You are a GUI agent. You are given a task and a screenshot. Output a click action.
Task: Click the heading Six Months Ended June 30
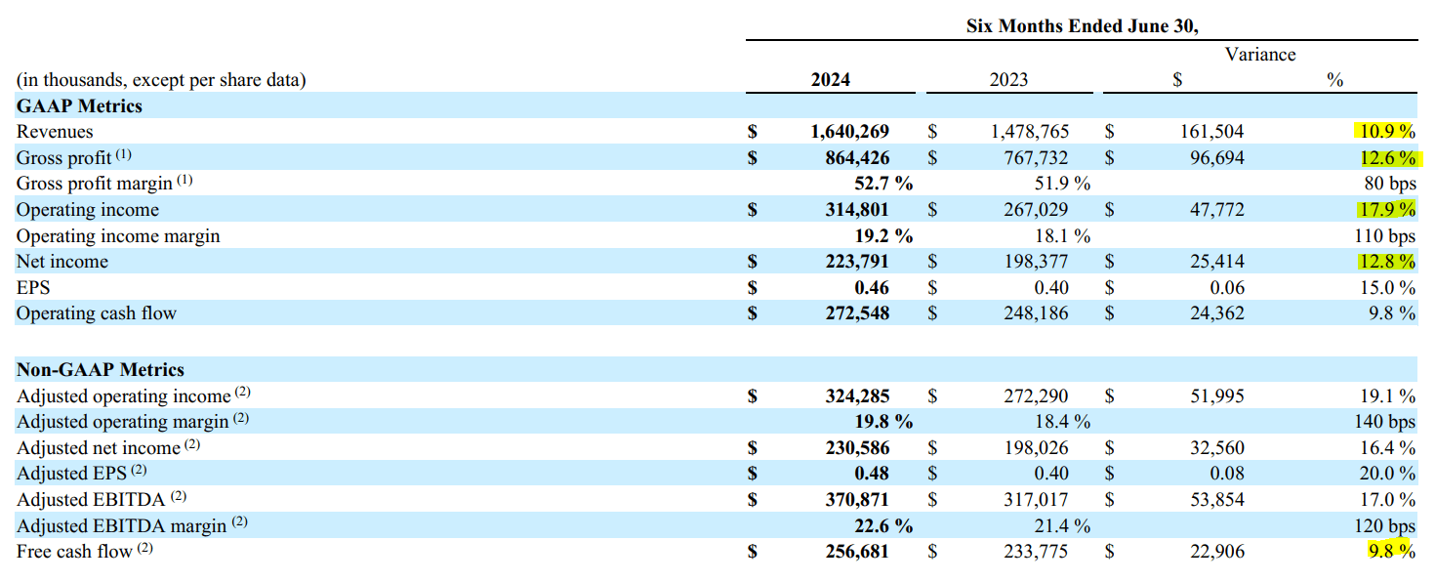click(1082, 26)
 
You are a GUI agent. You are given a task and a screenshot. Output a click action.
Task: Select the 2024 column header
click(830, 80)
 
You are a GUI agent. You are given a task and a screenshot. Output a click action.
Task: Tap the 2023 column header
click(1008, 80)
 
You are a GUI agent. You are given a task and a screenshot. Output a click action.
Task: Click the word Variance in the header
click(1260, 55)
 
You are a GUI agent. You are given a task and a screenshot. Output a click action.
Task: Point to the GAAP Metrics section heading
click(79, 106)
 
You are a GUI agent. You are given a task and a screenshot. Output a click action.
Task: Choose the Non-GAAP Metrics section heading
click(101, 370)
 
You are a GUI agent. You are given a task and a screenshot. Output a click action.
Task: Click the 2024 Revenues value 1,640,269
click(849, 132)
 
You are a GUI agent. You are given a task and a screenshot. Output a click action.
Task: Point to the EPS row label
click(33, 288)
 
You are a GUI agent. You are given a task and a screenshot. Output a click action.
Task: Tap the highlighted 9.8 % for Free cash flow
click(1389, 552)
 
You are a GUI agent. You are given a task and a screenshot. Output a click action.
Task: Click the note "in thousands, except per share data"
click(161, 80)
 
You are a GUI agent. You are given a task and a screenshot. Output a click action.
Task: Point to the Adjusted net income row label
click(99, 448)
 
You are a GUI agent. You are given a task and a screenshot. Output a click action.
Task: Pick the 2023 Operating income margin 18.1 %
click(1060, 236)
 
